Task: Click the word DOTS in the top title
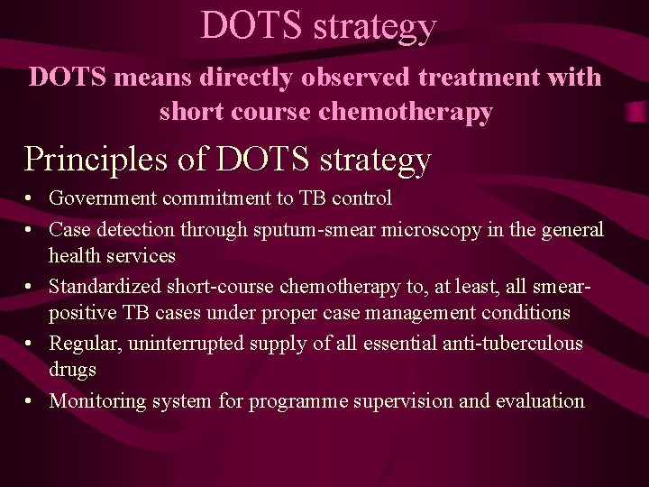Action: click(x=252, y=25)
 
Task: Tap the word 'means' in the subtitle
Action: click(x=145, y=78)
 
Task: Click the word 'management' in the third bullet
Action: click(x=416, y=313)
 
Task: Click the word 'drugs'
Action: click(x=73, y=370)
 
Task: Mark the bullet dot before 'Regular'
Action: click(x=31, y=345)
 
